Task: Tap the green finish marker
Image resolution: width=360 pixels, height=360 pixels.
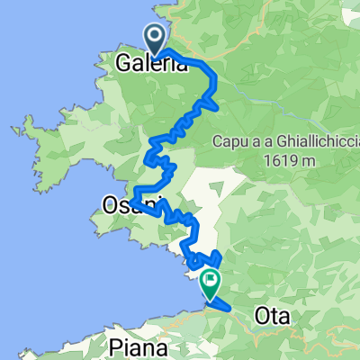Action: coord(210,284)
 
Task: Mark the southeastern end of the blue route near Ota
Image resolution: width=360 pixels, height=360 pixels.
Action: coord(231,310)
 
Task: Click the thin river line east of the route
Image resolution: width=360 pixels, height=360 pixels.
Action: coord(270,90)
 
